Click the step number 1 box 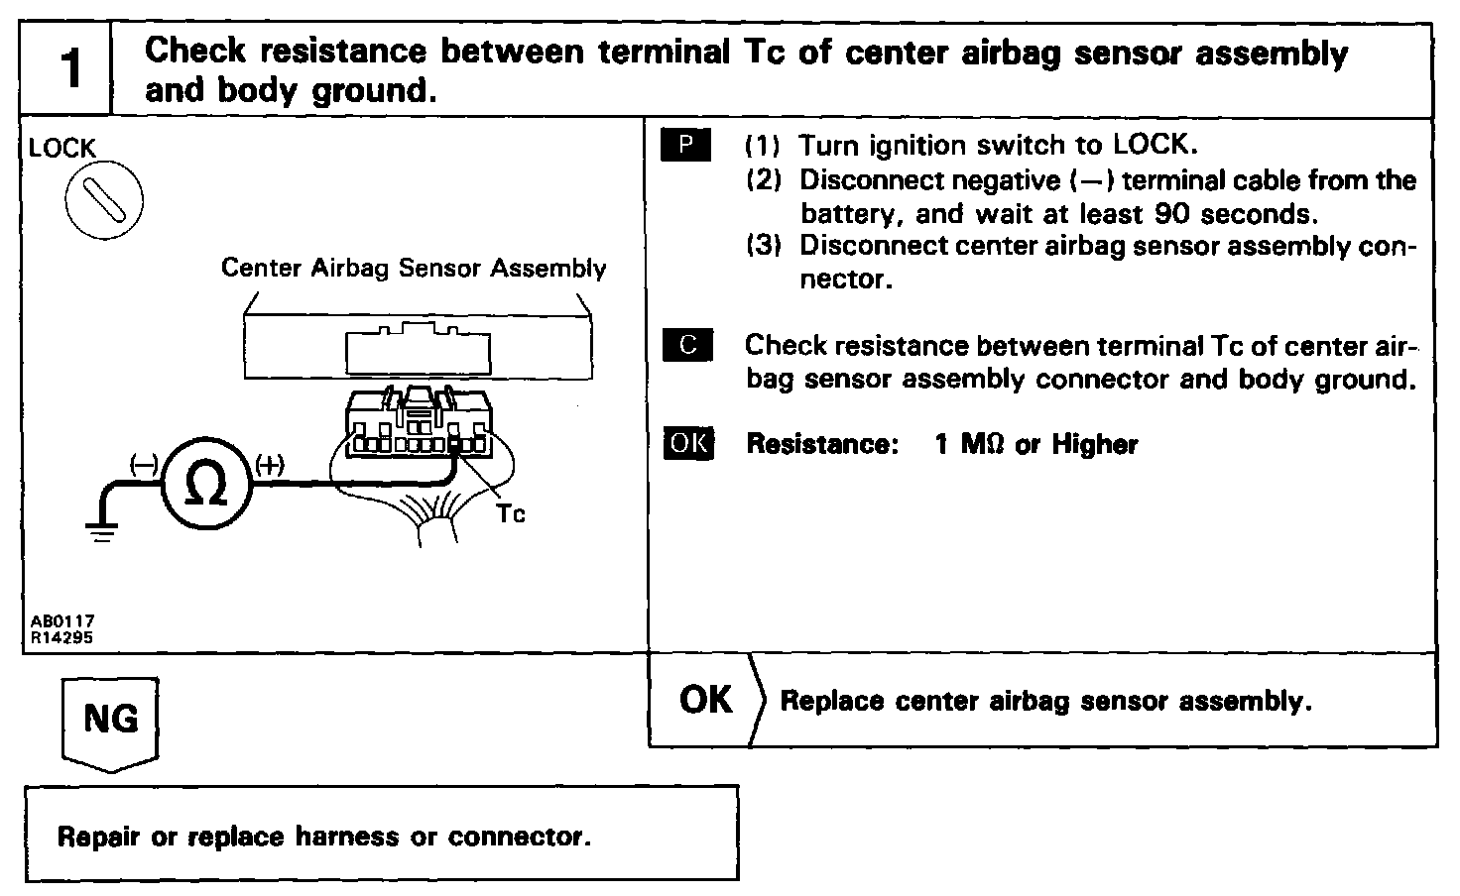pos(66,70)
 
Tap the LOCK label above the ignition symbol pos(61,149)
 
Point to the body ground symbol pos(101,531)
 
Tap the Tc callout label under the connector pos(510,513)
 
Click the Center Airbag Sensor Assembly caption pos(413,268)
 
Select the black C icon pos(686,345)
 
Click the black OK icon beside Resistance pos(687,443)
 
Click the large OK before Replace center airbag pos(705,700)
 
